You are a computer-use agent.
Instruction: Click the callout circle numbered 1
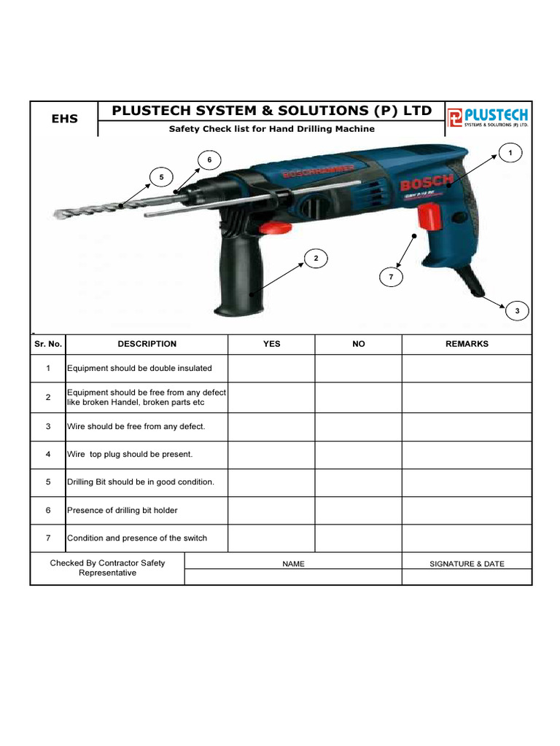click(511, 152)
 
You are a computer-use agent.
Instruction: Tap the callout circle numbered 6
click(209, 159)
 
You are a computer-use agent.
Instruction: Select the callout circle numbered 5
click(161, 177)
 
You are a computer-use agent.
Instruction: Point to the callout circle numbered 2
click(316, 259)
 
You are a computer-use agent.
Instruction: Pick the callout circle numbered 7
click(391, 278)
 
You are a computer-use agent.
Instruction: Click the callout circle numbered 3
click(517, 311)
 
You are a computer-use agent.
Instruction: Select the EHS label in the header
click(64, 119)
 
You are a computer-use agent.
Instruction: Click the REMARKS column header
click(467, 344)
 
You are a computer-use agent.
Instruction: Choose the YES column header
click(271, 344)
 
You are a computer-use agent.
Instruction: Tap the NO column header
click(358, 344)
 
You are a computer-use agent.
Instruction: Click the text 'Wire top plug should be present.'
click(130, 455)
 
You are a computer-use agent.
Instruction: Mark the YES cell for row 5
click(271, 482)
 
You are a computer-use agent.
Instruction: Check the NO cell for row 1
click(358, 369)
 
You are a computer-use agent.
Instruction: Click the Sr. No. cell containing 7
click(48, 538)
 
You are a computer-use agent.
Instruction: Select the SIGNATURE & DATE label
click(467, 564)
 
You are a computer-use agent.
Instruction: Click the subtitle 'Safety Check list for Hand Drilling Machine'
click(272, 129)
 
